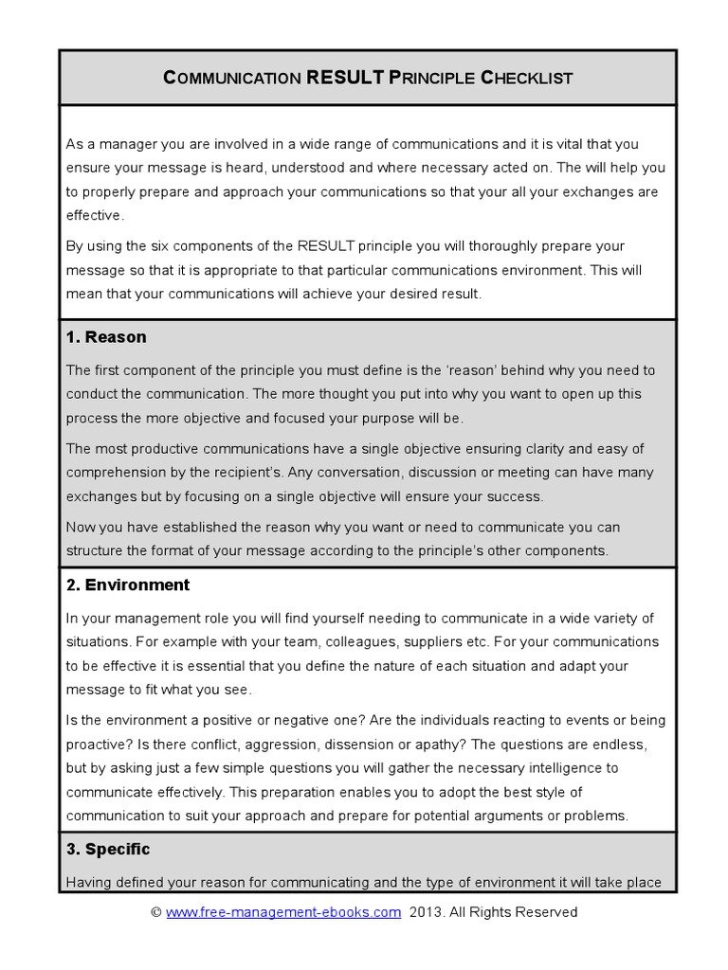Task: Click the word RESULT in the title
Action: click(x=345, y=77)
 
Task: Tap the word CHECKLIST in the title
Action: click(x=527, y=78)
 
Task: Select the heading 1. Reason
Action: click(x=106, y=337)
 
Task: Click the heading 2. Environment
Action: click(x=128, y=584)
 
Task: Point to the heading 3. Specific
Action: click(x=108, y=849)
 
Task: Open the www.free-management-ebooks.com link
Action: click(x=283, y=912)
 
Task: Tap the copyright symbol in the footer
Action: click(x=156, y=912)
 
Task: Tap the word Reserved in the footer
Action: click(x=543, y=912)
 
